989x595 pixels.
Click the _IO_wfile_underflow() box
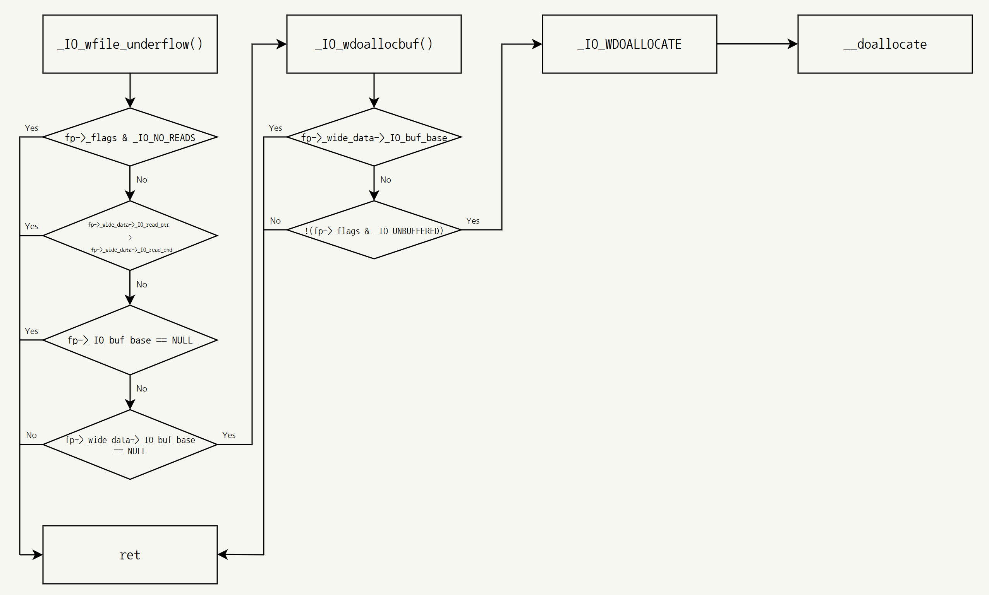(130, 44)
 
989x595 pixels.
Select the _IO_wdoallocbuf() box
(374, 44)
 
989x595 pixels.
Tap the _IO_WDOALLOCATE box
(629, 44)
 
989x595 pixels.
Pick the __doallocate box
(885, 44)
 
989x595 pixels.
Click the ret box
(130, 554)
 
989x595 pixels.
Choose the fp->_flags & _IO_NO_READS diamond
(130, 137)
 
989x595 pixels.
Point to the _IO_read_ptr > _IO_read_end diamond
(130, 236)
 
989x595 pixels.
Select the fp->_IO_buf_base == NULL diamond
(130, 340)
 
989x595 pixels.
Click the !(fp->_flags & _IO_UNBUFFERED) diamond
(374, 230)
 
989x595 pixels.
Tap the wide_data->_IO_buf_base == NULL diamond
(130, 444)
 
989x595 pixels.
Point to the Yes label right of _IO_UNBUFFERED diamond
(473, 221)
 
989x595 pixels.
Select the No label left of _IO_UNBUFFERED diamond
(275, 221)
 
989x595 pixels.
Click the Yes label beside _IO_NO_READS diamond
(31, 128)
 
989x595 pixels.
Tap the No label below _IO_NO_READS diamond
(142, 180)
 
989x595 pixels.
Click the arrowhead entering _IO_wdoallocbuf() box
(282, 44)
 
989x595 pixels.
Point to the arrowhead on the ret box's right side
(223, 554)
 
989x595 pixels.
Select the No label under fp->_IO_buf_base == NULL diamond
(142, 389)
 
